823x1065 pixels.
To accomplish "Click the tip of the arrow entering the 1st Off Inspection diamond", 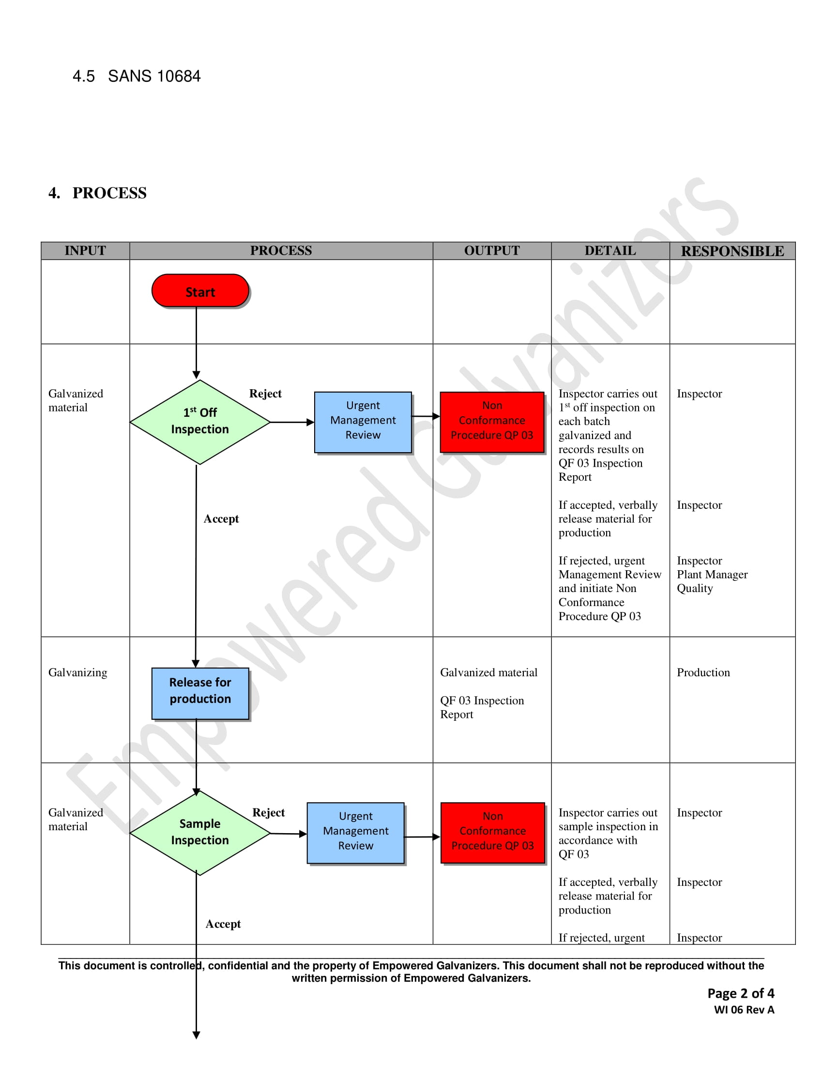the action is (197, 379).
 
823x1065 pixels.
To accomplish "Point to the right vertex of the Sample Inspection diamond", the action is (270, 834).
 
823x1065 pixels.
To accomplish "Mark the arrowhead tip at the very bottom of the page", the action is (197, 1039).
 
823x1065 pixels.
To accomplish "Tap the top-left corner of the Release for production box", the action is (152, 668).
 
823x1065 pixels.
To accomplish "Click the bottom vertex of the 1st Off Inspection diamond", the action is (200, 464).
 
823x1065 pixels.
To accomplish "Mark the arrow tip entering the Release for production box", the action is (196, 668).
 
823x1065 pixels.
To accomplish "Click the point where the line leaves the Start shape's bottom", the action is (197, 307).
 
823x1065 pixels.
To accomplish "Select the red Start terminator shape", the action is (200, 290).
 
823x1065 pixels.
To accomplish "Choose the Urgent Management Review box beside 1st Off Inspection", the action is (363, 422).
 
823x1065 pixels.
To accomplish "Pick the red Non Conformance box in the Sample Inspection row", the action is (492, 833).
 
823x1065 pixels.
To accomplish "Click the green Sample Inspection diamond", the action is (200, 833).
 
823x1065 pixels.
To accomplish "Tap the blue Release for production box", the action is (200, 693).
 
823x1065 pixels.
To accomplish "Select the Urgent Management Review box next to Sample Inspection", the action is (355, 833).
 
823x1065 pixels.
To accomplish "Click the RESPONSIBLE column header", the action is (732, 251).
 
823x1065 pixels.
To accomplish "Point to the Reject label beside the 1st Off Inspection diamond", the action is (265, 394).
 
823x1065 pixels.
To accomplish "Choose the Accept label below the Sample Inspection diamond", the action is (223, 924).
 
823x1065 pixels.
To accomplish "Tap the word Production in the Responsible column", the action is (703, 672).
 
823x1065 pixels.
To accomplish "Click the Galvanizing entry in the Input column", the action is (77, 673).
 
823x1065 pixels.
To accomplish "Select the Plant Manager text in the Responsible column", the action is (712, 575).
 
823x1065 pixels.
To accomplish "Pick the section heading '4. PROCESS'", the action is (97, 193).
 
